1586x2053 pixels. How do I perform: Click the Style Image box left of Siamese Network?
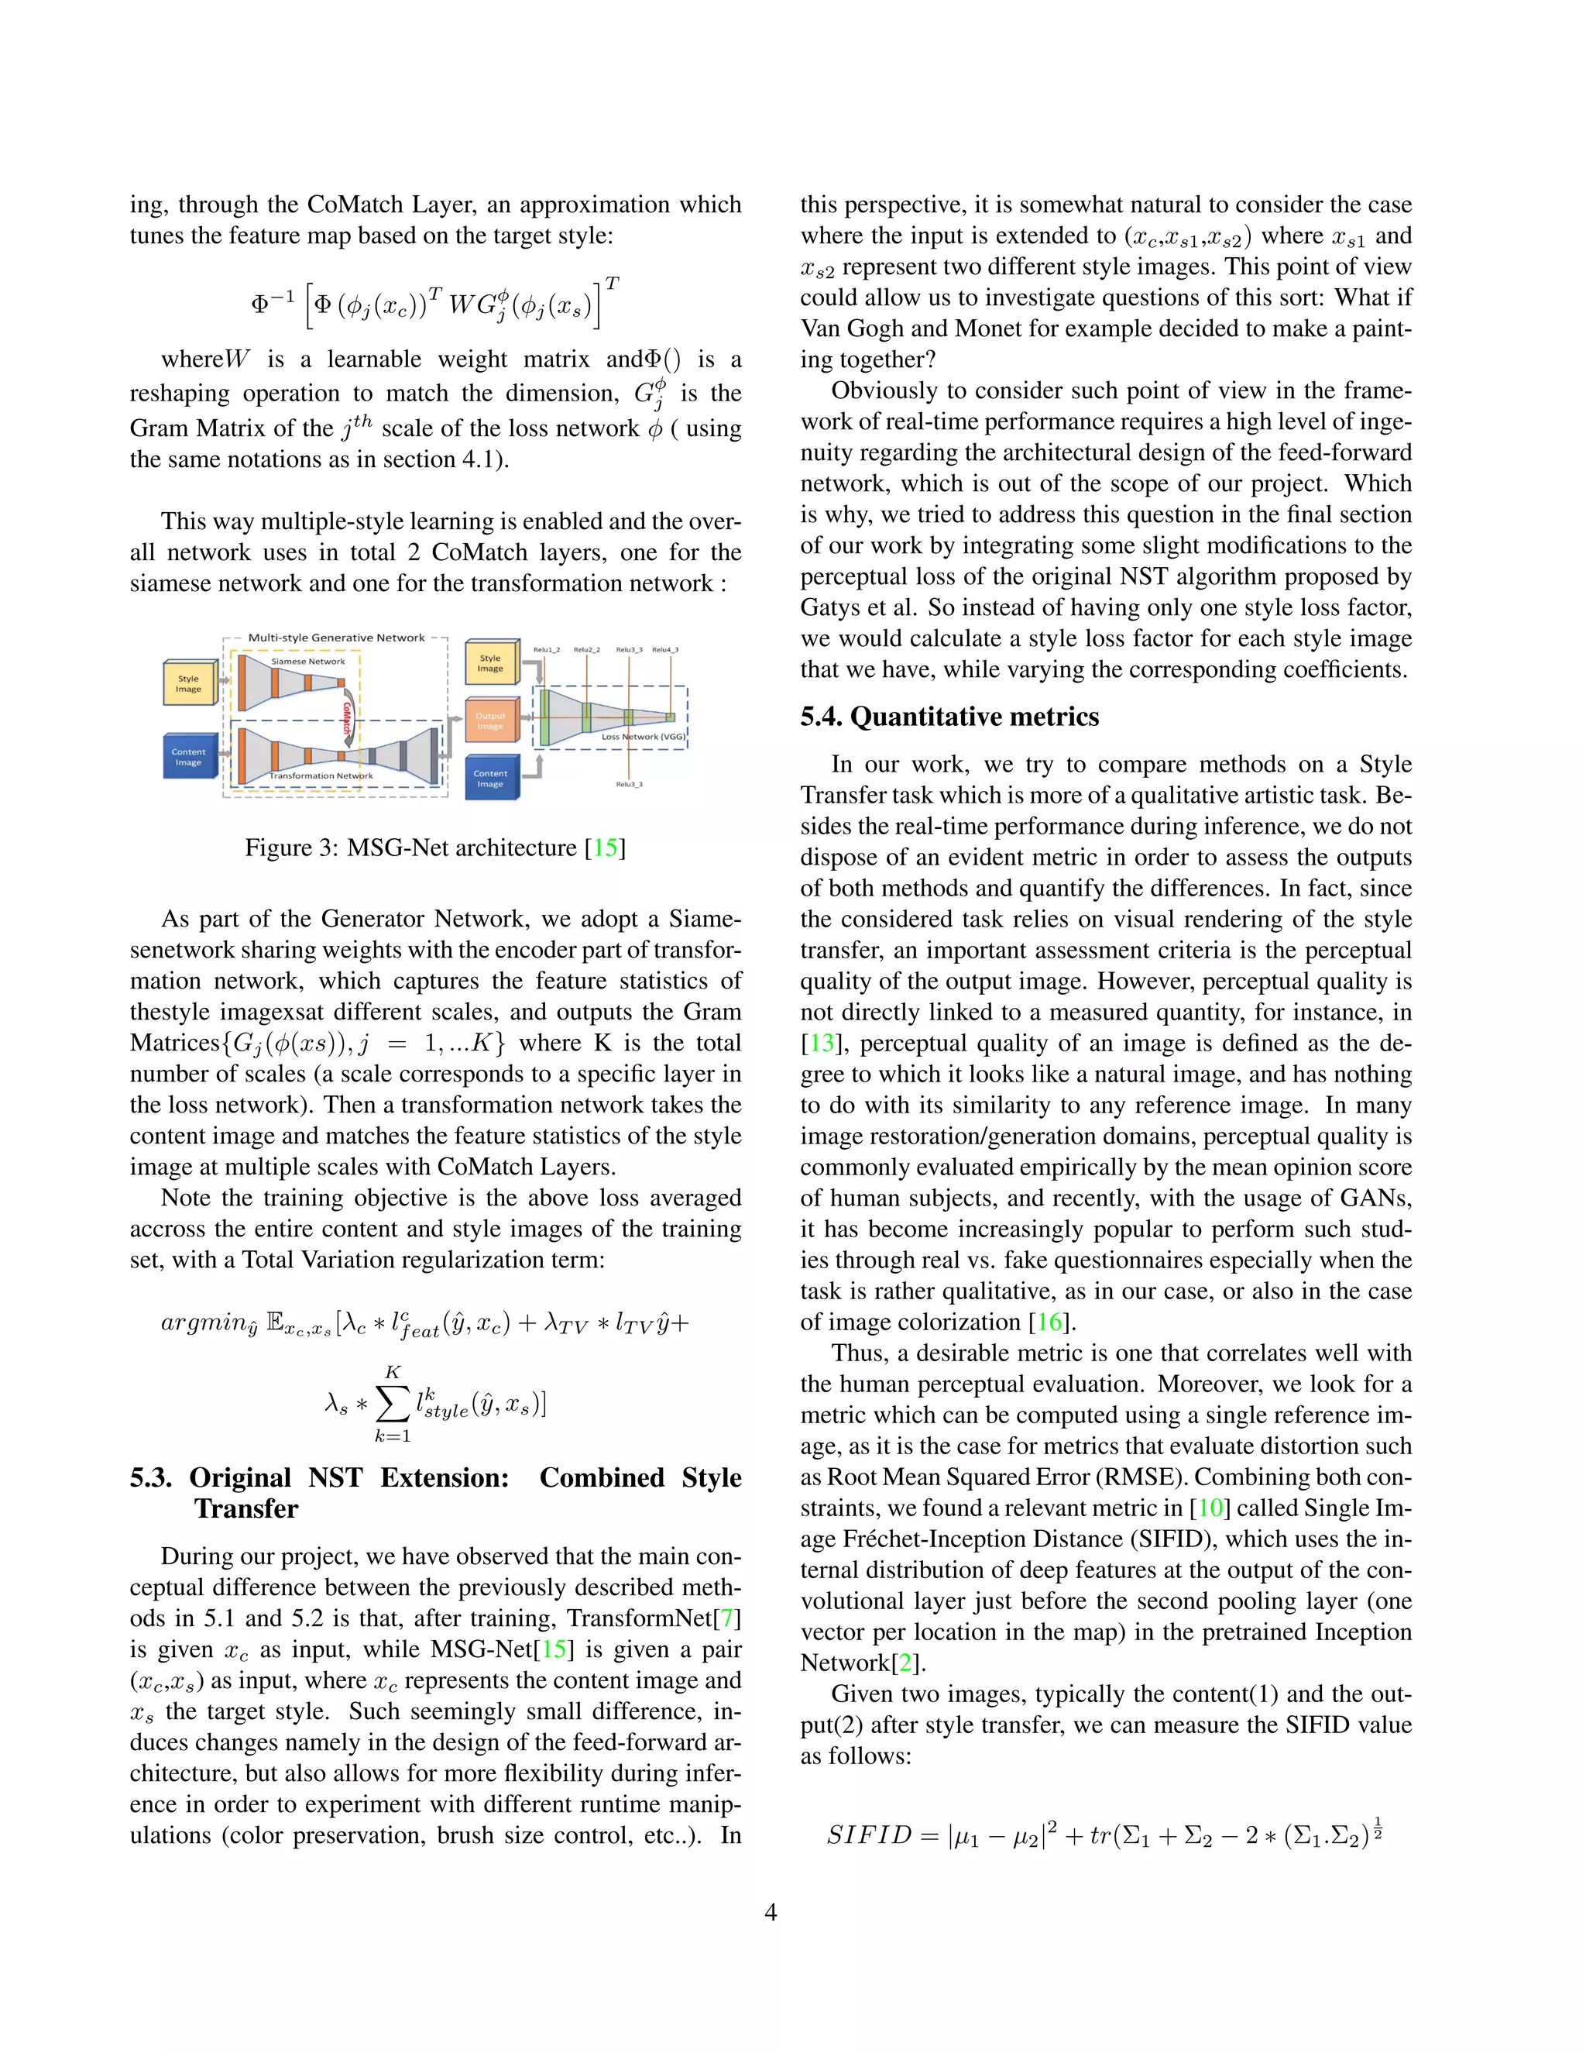[189, 683]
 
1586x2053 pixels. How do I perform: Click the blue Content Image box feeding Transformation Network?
[189, 757]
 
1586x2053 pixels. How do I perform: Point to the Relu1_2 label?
[547, 649]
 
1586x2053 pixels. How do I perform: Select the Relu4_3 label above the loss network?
[665, 649]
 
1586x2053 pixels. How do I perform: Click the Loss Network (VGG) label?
[644, 737]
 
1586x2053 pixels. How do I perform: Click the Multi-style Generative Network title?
[336, 638]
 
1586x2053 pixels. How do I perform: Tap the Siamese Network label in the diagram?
[308, 662]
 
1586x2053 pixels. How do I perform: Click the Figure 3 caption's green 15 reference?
[605, 848]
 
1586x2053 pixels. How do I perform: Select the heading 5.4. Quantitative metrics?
[949, 717]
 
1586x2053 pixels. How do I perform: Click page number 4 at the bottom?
[771, 1912]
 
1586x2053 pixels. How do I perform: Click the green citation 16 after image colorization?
[1049, 1322]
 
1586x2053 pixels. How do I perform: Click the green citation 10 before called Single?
[1211, 1508]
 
